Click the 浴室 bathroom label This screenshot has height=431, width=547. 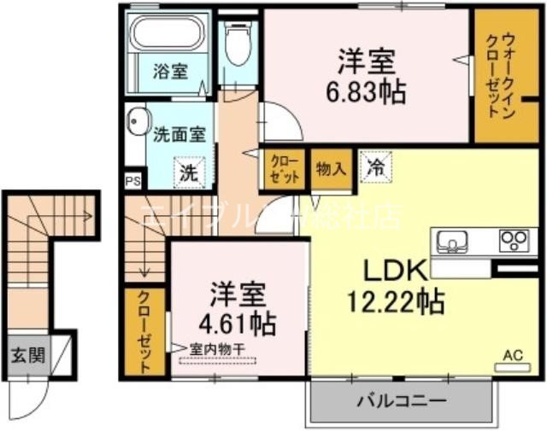(x=171, y=72)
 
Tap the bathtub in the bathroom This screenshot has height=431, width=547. (x=167, y=35)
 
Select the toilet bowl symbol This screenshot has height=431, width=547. (x=237, y=46)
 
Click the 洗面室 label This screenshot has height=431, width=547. (x=179, y=134)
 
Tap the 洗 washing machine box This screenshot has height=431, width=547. (x=186, y=171)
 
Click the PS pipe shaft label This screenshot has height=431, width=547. (x=132, y=181)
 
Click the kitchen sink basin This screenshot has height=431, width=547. (x=452, y=241)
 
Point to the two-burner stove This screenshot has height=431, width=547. (x=514, y=239)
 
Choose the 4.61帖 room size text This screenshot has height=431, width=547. (x=244, y=323)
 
